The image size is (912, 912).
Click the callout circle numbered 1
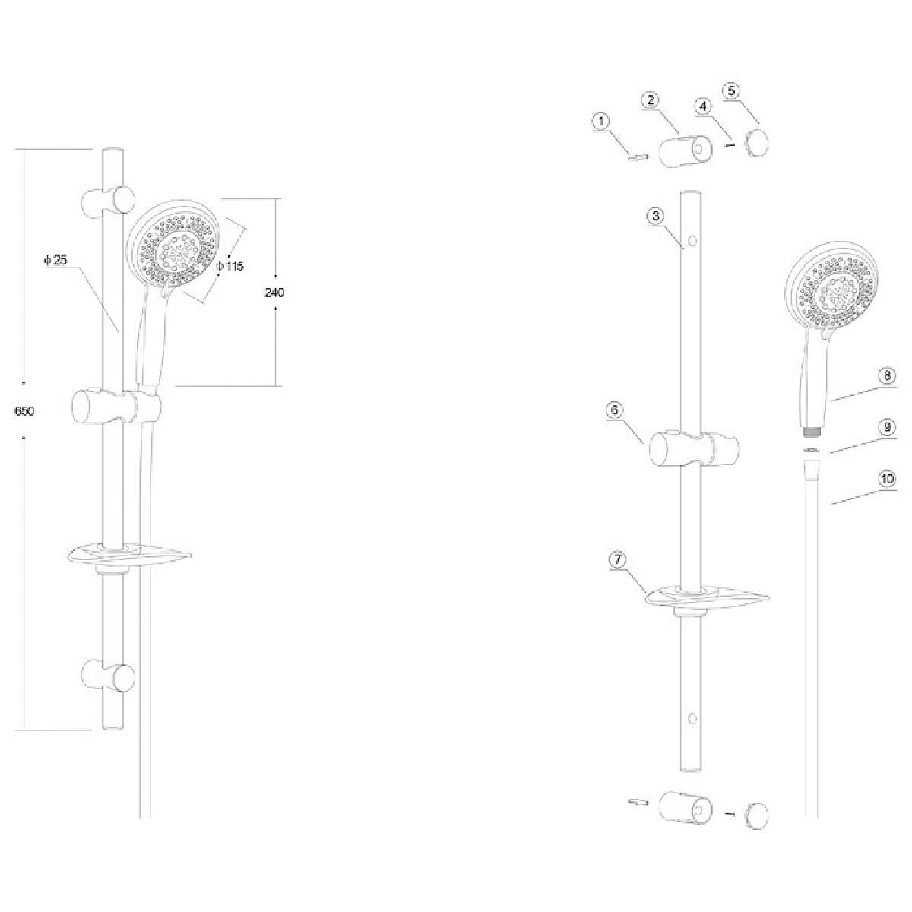tap(601, 121)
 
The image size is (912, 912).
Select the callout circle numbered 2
tap(650, 100)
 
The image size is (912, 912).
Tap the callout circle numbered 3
tap(656, 216)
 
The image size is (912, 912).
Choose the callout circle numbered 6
tap(616, 410)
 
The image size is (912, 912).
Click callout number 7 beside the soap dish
tap(618, 559)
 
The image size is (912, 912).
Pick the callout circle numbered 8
tap(886, 376)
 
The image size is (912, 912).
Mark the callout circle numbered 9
tap(886, 427)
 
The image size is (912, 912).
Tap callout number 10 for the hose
tap(886, 480)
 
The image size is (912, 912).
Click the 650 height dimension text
tap(24, 411)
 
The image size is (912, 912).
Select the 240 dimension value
tap(274, 293)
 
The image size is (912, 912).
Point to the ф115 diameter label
tap(230, 267)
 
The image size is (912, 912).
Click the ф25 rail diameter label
tap(56, 260)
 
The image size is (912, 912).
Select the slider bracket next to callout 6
tap(682, 450)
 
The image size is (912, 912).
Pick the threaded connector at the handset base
tap(812, 431)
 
